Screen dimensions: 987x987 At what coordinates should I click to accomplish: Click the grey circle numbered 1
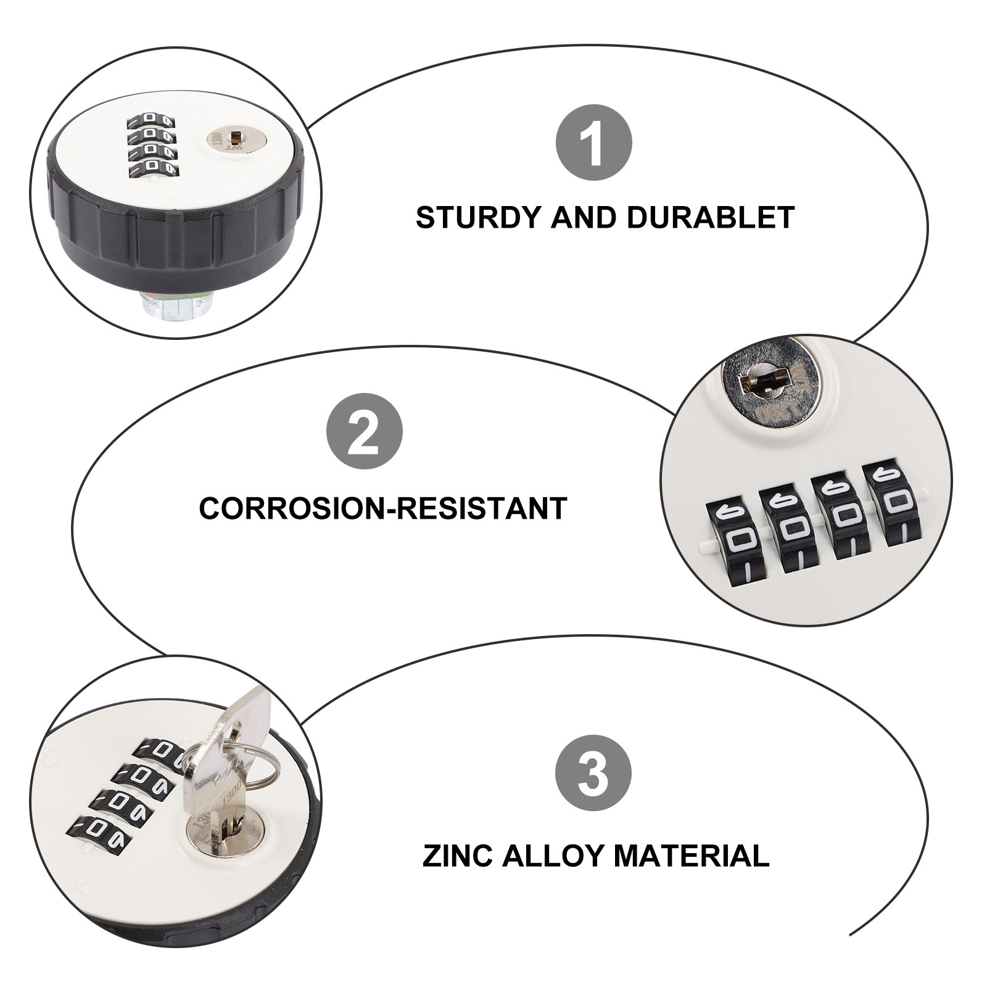pyautogui.click(x=594, y=142)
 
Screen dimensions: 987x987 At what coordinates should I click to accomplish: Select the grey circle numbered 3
pyautogui.click(x=593, y=774)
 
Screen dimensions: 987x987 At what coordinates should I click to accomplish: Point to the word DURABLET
pyautogui.click(x=711, y=218)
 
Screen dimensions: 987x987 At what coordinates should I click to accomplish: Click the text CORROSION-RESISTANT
pyautogui.click(x=383, y=508)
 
